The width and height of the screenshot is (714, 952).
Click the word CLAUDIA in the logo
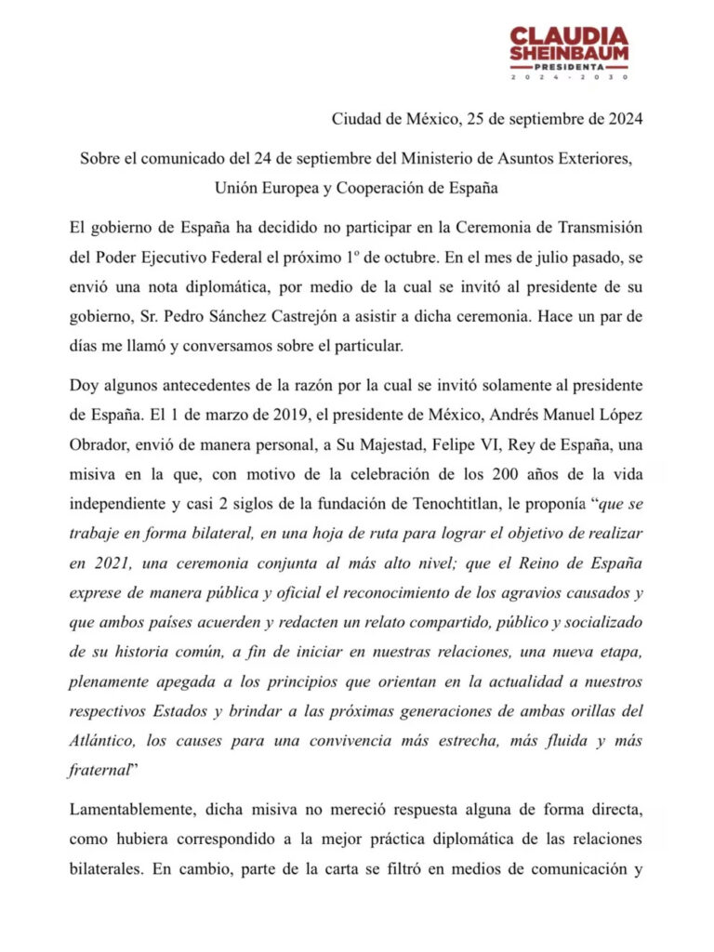point(568,37)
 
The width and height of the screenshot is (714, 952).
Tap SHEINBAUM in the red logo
point(568,55)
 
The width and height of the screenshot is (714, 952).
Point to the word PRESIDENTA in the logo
point(568,68)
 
